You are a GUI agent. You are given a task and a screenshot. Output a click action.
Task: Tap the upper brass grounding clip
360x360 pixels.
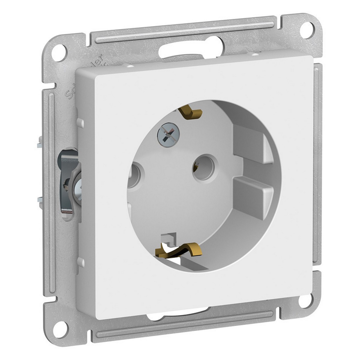pos(191,113)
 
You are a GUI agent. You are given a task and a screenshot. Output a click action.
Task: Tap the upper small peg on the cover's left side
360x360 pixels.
pos(80,122)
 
